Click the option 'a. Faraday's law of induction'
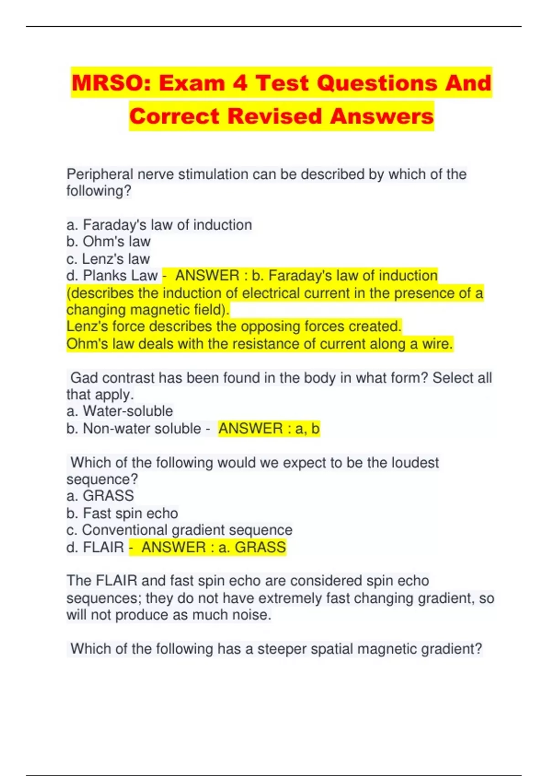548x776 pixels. point(159,225)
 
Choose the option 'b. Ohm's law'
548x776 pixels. point(108,241)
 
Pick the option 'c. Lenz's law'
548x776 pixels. point(108,259)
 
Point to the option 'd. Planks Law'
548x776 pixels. point(112,276)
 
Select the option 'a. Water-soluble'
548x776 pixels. point(120,411)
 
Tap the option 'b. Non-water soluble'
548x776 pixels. point(133,429)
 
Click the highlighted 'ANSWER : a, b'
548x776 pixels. point(269,429)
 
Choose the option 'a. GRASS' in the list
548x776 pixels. point(100,496)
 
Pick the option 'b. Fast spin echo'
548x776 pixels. point(122,513)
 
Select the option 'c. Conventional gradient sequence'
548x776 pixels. point(179,530)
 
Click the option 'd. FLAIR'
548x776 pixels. point(95,547)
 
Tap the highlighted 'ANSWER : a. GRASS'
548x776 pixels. point(213,547)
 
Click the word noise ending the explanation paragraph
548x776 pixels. point(250,615)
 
